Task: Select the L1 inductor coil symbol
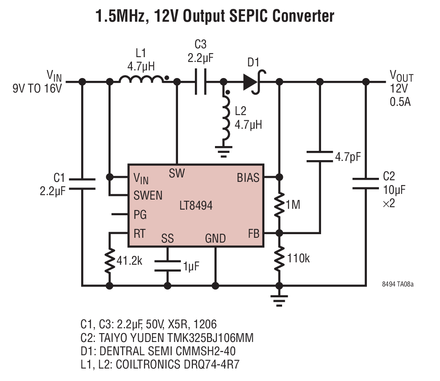pos(141,79)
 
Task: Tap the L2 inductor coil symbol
pos(226,118)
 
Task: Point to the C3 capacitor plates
pos(201,82)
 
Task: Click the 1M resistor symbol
pos(279,205)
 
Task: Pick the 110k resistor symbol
pos(279,259)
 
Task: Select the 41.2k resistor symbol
pos(110,261)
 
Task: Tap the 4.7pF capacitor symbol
pos(319,157)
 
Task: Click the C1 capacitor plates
pos(82,184)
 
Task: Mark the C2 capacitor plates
pos(366,183)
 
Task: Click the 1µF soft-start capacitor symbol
pos(167,266)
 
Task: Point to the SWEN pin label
pos(148,196)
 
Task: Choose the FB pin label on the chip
pos(254,234)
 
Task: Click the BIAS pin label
pos(248,178)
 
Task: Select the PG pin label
pos(140,215)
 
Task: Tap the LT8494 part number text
pos(196,206)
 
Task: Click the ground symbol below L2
pos(224,151)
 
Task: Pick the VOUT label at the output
pos(401,76)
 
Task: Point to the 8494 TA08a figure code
pos(398,284)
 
